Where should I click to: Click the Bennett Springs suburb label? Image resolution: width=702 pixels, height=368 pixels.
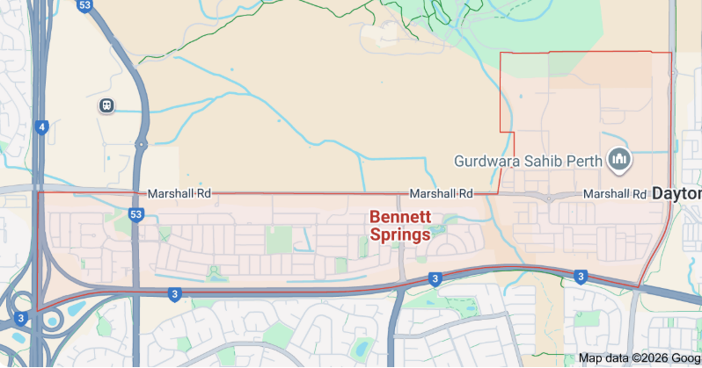click(400, 226)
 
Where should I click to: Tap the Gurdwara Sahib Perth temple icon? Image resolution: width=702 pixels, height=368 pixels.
click(620, 159)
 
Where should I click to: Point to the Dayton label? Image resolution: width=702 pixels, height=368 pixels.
click(677, 193)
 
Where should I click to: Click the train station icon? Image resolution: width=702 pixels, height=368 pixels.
click(106, 105)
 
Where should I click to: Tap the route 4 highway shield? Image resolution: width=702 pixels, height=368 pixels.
click(41, 127)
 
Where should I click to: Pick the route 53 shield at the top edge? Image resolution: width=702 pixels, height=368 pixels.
click(84, 5)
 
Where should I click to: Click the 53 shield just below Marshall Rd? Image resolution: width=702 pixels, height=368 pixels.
click(135, 213)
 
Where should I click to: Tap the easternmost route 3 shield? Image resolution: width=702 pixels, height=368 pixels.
click(581, 277)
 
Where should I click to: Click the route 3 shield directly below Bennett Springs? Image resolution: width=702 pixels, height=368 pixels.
click(435, 279)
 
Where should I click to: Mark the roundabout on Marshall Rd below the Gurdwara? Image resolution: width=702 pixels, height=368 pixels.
click(549, 198)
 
